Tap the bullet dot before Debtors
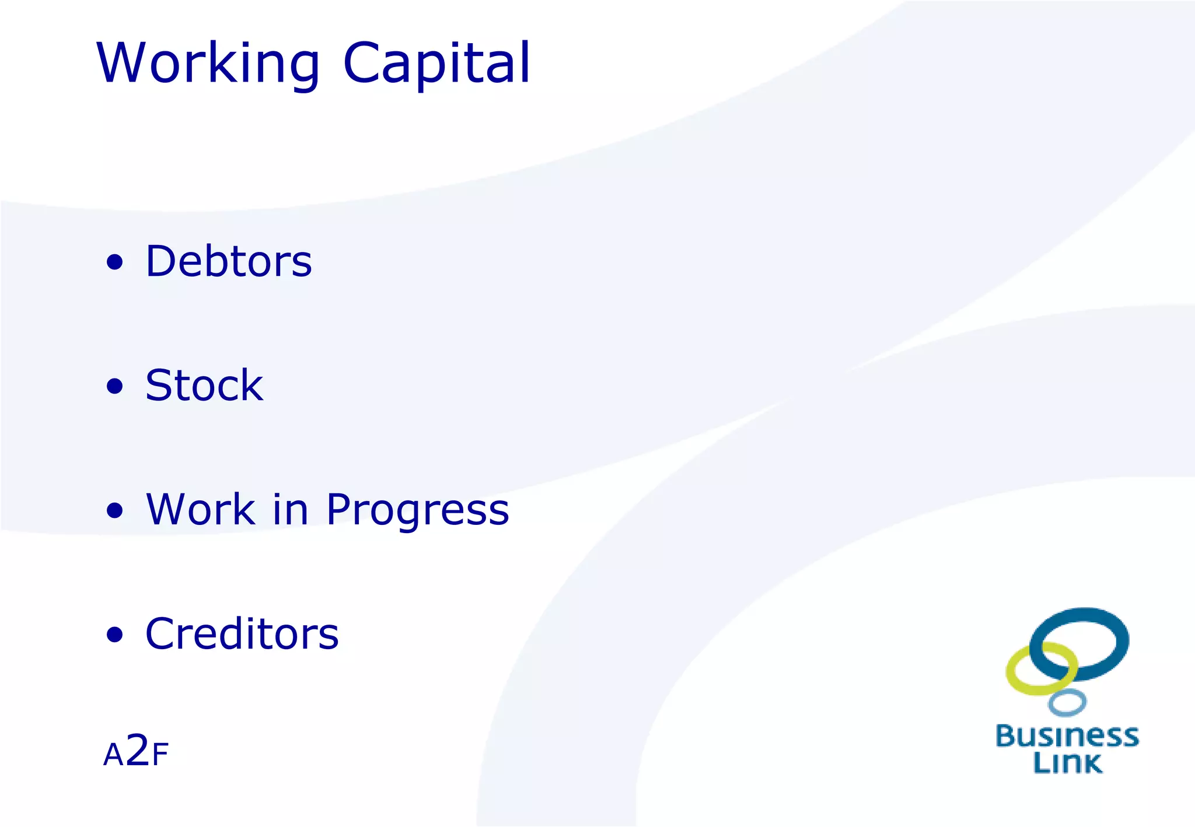pyautogui.click(x=115, y=262)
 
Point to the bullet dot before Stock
pyautogui.click(x=115, y=386)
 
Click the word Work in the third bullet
pyautogui.click(x=200, y=509)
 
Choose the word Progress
pyautogui.click(x=417, y=510)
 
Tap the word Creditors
pyautogui.click(x=242, y=633)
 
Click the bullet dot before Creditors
pyautogui.click(x=115, y=635)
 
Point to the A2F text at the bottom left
pyautogui.click(x=136, y=752)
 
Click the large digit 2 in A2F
pyautogui.click(x=137, y=750)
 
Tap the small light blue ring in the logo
pyautogui.click(x=1067, y=702)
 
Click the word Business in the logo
pyautogui.click(x=1067, y=736)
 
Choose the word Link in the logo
pyautogui.click(x=1067, y=763)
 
